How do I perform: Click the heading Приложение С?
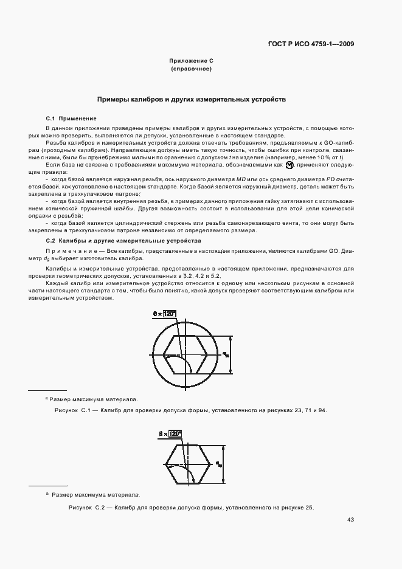point(191,61)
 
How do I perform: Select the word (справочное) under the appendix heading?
point(191,69)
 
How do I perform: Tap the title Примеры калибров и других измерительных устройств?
point(192,98)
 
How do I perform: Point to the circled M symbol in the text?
point(289,165)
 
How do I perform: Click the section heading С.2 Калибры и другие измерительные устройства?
point(123,241)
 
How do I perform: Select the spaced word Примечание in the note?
point(68,251)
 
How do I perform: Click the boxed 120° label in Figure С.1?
point(170,314)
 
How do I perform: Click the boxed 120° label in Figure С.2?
point(175,434)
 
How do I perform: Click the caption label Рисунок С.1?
point(72,411)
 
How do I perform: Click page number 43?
point(350,520)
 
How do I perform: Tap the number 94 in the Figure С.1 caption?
point(322,411)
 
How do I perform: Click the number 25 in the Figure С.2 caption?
point(308,508)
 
